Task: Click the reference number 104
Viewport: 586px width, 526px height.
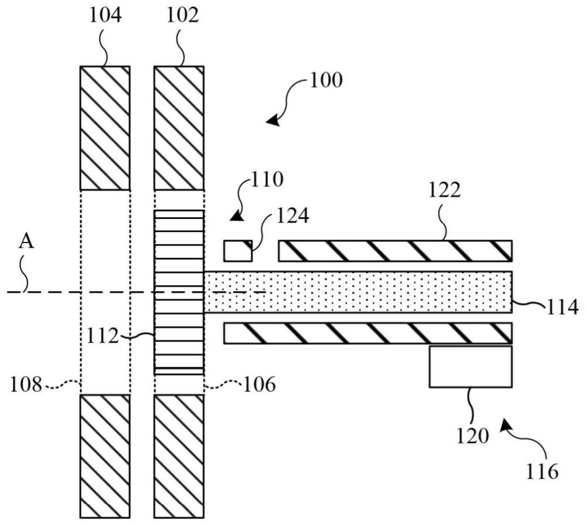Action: tap(105, 16)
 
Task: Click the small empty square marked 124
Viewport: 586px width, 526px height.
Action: tap(238, 251)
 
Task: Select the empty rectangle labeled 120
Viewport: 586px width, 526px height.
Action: tap(470, 367)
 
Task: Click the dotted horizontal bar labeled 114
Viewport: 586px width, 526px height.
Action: tap(357, 292)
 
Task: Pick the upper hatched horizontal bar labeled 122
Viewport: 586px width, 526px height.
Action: tap(395, 251)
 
